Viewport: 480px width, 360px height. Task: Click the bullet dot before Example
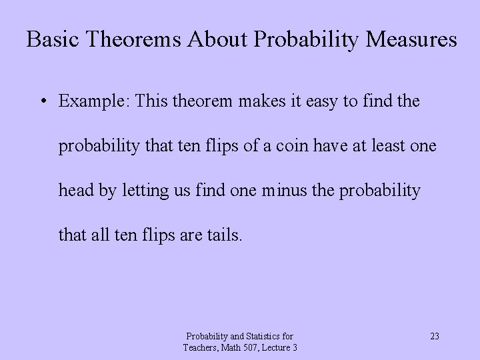coord(42,101)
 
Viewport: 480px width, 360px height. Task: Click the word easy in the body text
coord(308,101)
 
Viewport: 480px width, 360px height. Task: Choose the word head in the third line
coord(75,190)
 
